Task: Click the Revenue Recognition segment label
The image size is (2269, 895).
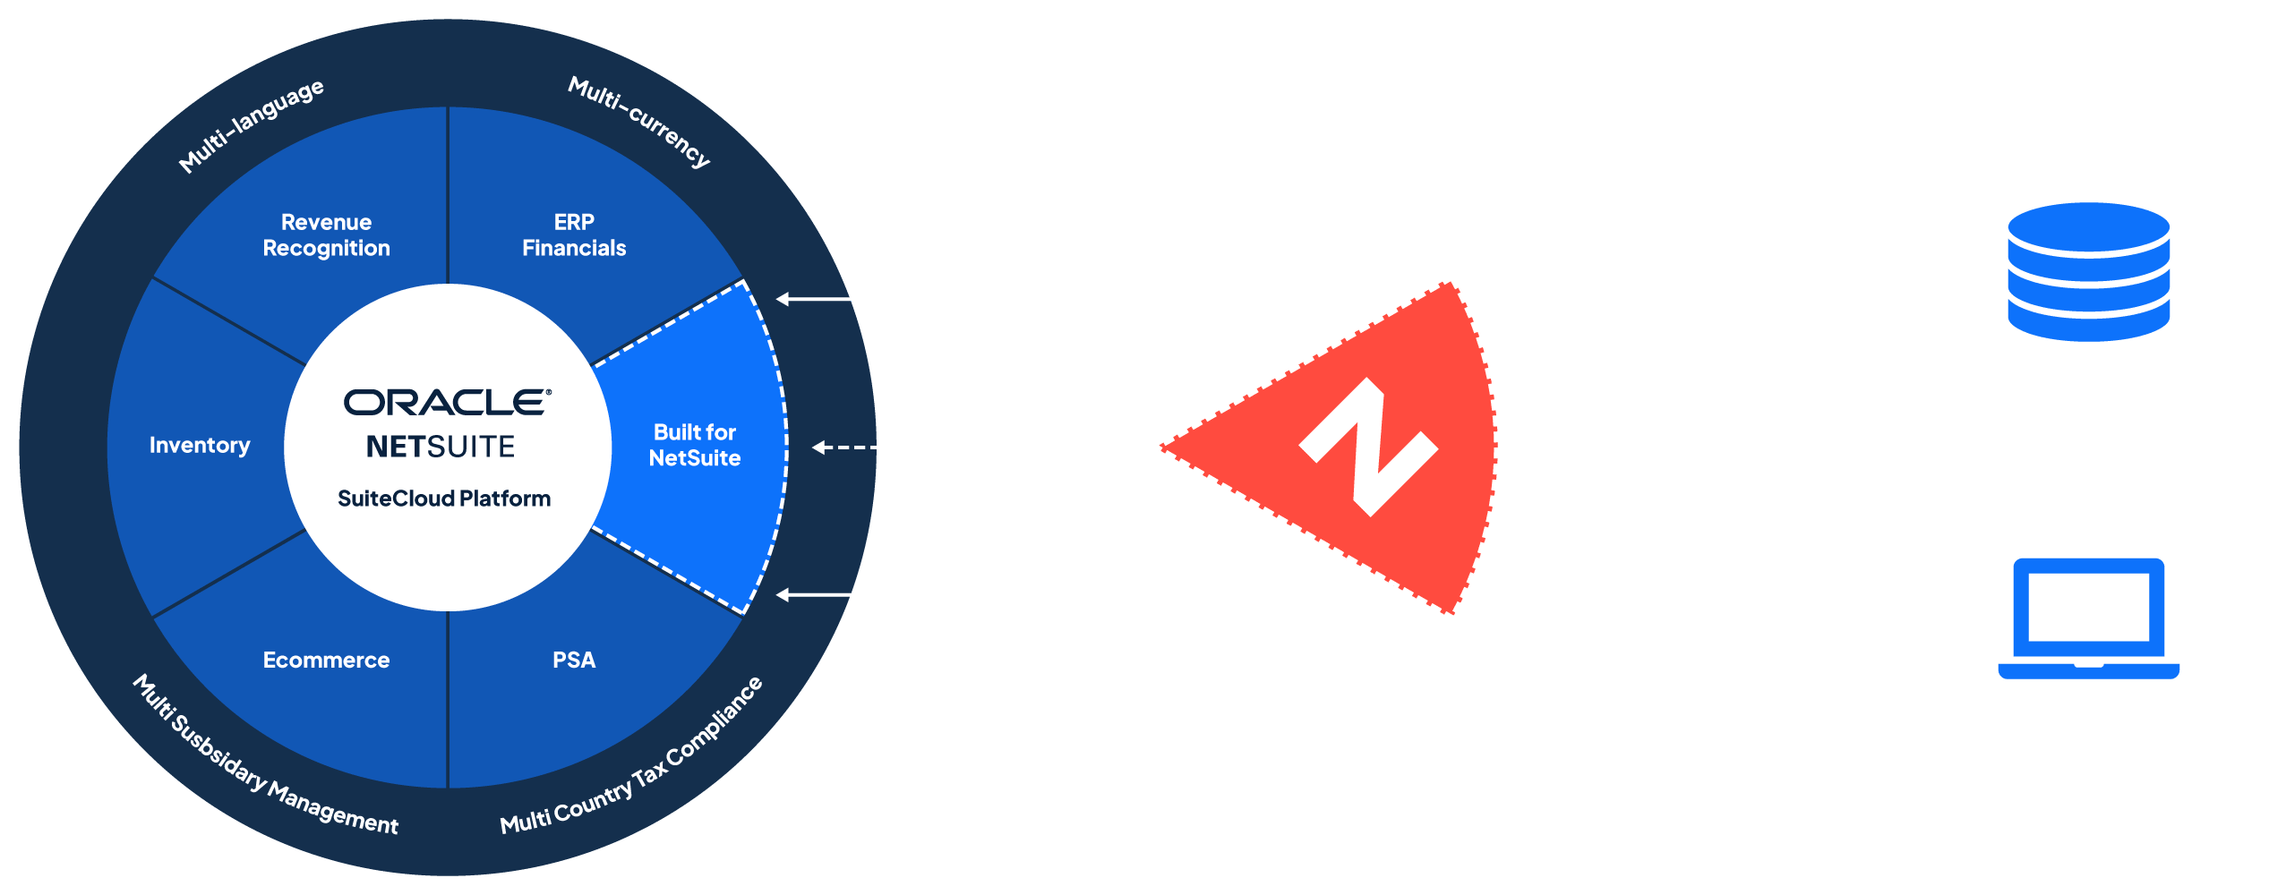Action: (x=326, y=235)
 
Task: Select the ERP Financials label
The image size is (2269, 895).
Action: (x=574, y=235)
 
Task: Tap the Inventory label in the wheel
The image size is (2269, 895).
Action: (x=200, y=446)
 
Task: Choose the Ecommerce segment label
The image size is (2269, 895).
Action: (x=326, y=661)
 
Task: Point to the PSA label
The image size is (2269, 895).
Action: (x=574, y=661)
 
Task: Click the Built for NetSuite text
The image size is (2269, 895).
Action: (x=695, y=446)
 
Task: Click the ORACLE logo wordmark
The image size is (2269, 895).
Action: (x=447, y=403)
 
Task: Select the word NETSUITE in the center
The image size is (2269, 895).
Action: (x=441, y=447)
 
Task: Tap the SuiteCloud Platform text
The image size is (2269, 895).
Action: (x=444, y=499)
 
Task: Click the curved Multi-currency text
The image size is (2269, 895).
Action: (x=639, y=122)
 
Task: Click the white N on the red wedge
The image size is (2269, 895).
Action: (x=1369, y=446)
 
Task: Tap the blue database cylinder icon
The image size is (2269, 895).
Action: (x=2088, y=271)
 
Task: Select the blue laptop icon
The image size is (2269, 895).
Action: (x=2088, y=618)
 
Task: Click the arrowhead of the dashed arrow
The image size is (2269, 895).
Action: (x=818, y=447)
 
